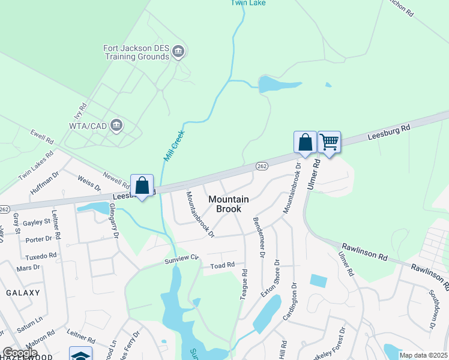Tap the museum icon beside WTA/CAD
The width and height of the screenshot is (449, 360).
click(117, 125)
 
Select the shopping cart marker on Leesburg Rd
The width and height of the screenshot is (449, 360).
click(329, 143)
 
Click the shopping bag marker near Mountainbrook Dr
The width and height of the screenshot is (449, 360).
click(305, 143)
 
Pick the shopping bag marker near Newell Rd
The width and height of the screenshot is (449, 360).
click(142, 186)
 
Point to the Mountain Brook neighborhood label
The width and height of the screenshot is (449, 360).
click(225, 204)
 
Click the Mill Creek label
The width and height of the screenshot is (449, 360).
click(175, 146)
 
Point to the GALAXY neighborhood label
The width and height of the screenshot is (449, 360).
click(23, 293)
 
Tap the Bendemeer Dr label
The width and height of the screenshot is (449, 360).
click(259, 237)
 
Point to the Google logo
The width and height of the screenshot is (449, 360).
click(20, 353)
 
